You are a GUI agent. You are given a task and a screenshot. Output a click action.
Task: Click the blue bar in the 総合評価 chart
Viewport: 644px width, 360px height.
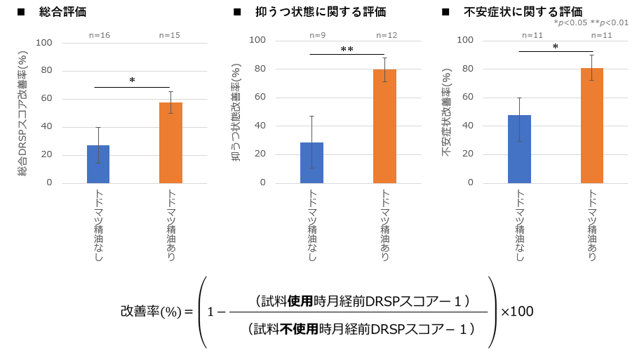[98, 164]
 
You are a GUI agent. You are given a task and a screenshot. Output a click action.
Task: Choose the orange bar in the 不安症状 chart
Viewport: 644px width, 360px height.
[592, 126]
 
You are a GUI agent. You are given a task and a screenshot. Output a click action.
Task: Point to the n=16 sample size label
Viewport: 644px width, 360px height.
[99, 35]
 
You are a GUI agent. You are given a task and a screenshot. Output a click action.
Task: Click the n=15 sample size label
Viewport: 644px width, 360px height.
[170, 35]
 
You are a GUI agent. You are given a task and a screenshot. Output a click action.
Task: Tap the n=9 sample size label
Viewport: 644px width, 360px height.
[317, 35]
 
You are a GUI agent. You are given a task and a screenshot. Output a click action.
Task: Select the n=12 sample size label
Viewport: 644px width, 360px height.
[387, 35]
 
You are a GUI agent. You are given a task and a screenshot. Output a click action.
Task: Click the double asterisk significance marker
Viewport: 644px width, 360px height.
[347, 50]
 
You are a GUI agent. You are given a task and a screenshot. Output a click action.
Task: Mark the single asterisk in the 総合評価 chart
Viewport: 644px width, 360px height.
[132, 81]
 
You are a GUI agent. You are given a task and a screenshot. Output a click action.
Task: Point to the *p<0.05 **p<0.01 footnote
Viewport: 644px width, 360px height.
[591, 23]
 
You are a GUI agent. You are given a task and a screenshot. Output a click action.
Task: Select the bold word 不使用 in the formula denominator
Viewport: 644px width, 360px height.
[300, 328]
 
